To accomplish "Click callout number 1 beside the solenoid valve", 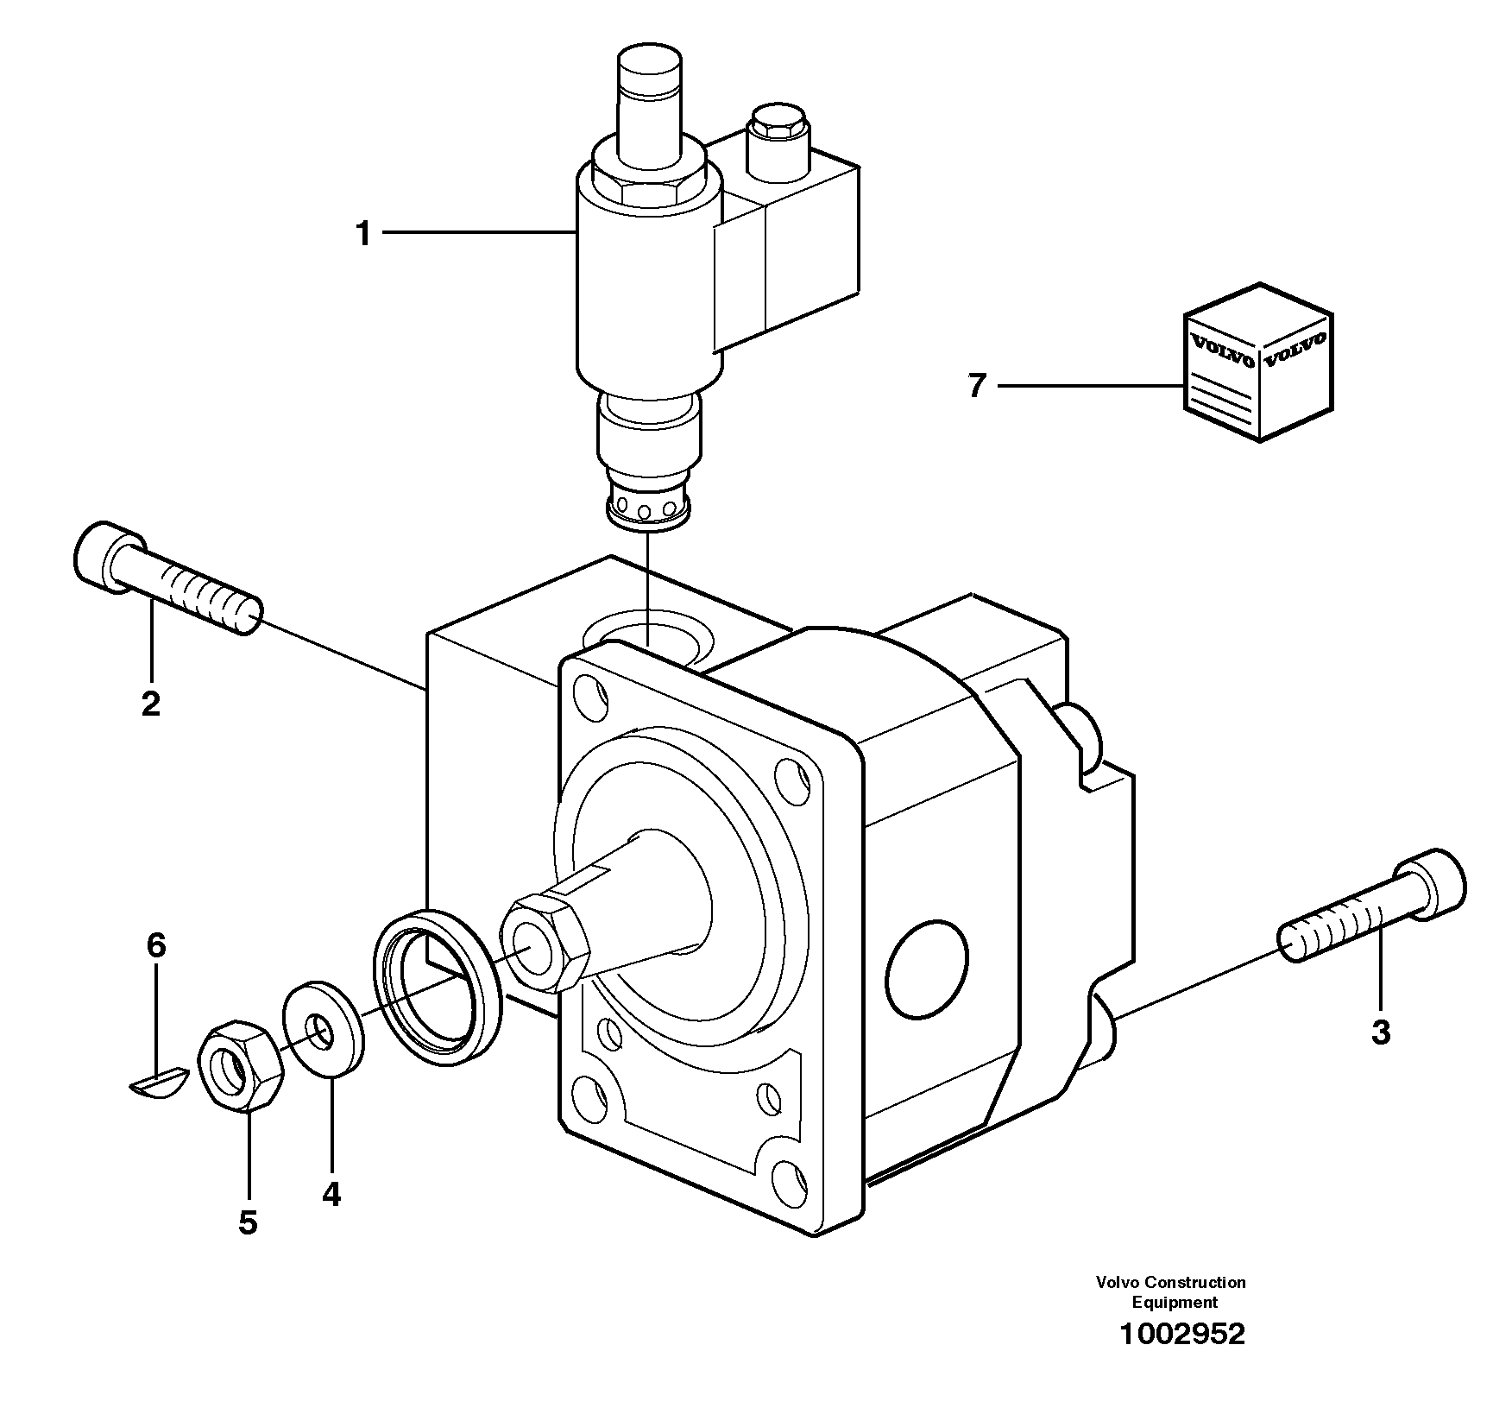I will [363, 233].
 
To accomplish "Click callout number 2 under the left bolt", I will [150, 704].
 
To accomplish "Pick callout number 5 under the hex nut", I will [248, 1222].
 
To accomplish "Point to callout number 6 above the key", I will [155, 945].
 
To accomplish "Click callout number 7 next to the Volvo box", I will [976, 386].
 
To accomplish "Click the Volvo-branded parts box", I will [1257, 363].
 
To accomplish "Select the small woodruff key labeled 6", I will [158, 1082].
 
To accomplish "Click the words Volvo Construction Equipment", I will [1170, 1292].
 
